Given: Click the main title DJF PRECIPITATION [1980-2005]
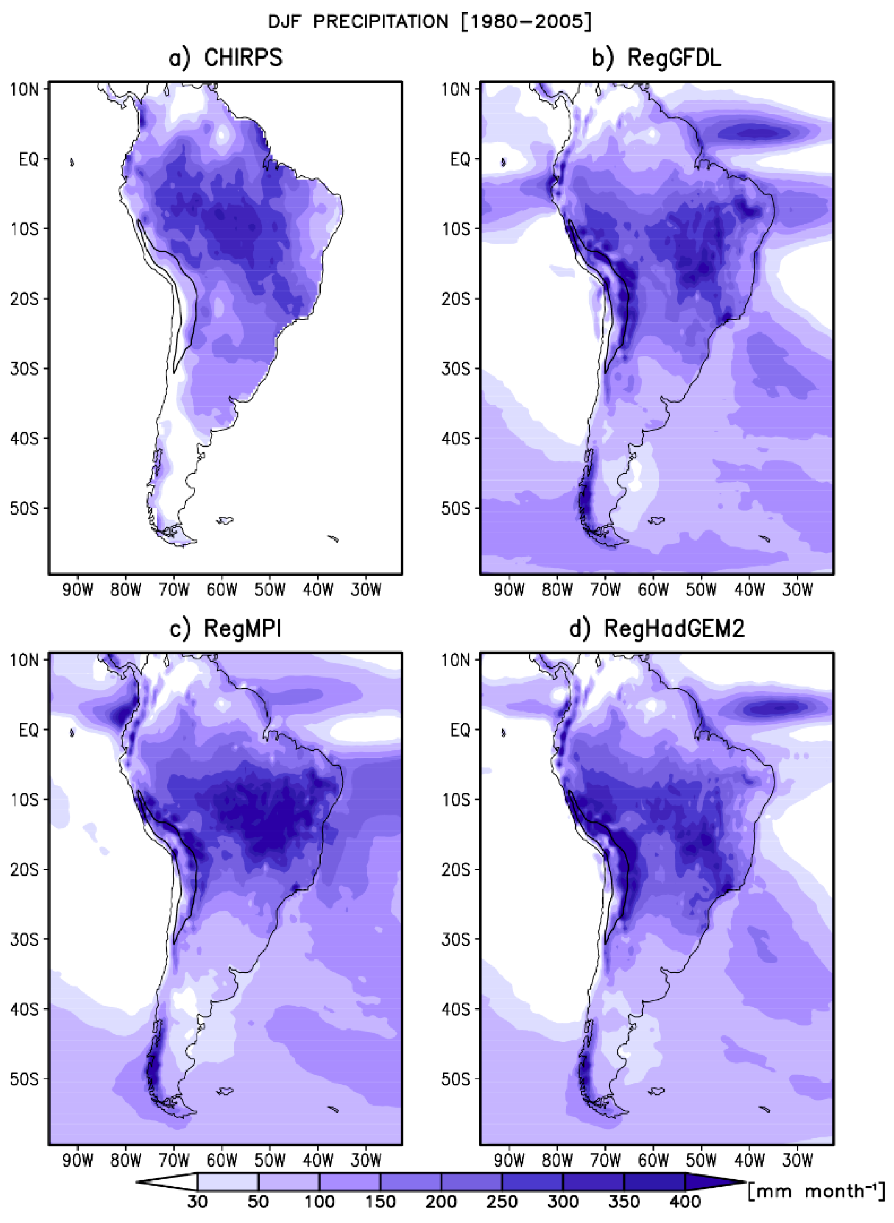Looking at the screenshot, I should [430, 22].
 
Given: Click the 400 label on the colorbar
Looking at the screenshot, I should [685, 1202].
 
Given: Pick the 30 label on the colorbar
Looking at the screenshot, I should [197, 1202].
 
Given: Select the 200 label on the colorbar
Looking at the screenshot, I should [441, 1202].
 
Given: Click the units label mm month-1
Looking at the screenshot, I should [816, 1191].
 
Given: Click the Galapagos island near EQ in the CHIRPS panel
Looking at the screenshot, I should [72, 162].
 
